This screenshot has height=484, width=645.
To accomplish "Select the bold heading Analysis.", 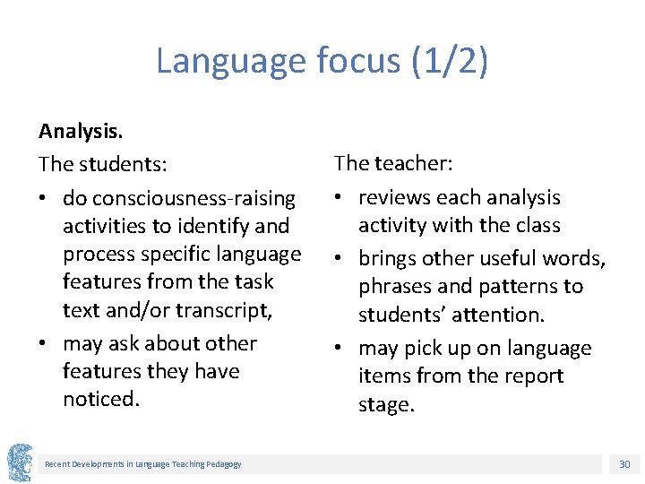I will [81, 131].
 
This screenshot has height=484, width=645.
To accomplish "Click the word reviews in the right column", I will [397, 197].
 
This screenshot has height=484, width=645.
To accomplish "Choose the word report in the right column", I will [528, 376].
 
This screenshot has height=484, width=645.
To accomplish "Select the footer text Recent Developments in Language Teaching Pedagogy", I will [143, 463].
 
